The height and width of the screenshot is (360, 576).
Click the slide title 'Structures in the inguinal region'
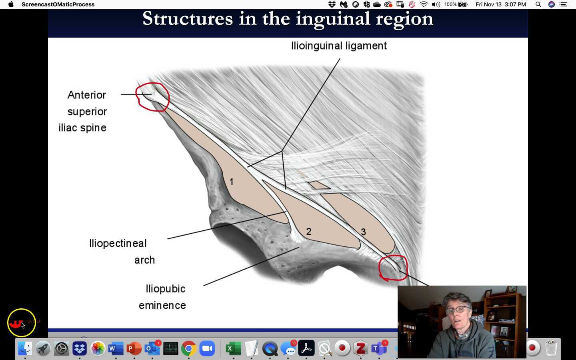288,19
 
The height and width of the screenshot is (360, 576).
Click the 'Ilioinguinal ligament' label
339,46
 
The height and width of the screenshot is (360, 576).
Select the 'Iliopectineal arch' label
120,251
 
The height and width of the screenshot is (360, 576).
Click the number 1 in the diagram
231,182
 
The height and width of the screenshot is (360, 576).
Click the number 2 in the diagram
308,232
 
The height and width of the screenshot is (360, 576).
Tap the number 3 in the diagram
363,232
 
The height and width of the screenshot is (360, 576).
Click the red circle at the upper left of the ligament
152,96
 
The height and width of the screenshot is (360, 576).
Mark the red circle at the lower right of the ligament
393,268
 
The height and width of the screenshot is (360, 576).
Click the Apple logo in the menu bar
11,4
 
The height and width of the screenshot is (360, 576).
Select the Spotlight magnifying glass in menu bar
538,4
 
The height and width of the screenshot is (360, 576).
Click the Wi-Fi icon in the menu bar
424,4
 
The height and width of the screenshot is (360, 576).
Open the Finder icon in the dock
25,348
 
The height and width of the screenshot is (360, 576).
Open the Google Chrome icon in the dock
188,348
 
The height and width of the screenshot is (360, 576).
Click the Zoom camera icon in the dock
207,348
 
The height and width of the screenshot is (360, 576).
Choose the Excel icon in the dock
233,348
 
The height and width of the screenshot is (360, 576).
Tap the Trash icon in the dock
551,348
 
